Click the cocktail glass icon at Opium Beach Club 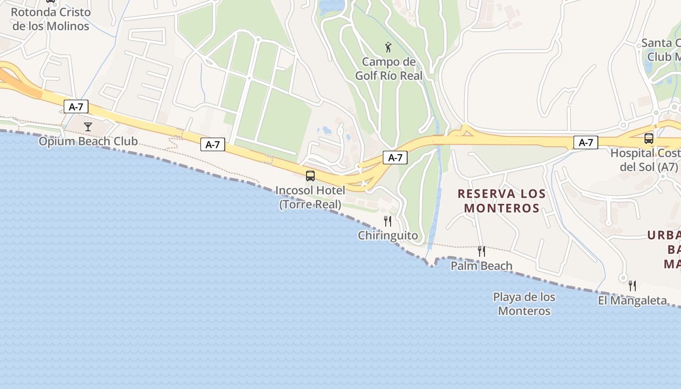[88, 127]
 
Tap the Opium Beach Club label [88, 141]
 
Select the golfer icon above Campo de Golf [388, 47]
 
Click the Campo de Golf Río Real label [389, 69]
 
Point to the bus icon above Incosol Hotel [310, 176]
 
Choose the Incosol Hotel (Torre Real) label [310, 197]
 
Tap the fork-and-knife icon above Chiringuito [388, 221]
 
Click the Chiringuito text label [388, 236]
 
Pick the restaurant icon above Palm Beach [482, 251]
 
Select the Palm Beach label [482, 266]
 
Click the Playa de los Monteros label [524, 304]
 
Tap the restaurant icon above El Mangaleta [632, 286]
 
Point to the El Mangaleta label [632, 301]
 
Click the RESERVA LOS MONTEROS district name [502, 201]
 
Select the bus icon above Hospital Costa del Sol [649, 139]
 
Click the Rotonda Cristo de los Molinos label [51, 19]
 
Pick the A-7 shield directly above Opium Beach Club [76, 107]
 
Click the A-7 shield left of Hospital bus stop [586, 142]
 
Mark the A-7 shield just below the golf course [395, 158]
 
